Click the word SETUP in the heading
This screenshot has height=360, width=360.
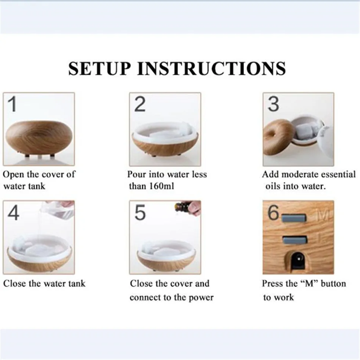100,69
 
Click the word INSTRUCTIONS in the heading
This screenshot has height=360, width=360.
211,69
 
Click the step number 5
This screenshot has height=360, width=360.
140,212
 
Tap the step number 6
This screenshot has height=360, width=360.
273,212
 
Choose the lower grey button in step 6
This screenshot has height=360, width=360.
295,240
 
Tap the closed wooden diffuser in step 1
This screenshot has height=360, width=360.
39,138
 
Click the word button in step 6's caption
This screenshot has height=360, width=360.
333,284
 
